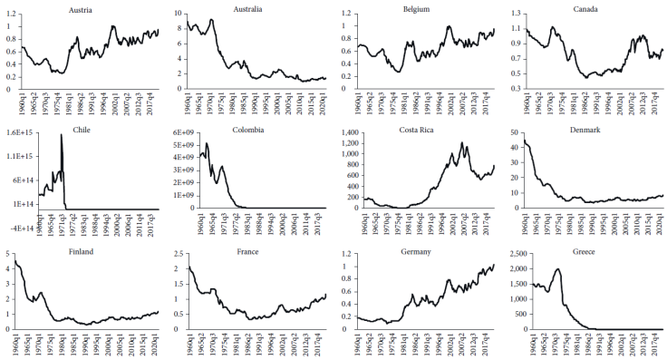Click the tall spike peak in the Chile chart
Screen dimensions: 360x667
click(x=62, y=134)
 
